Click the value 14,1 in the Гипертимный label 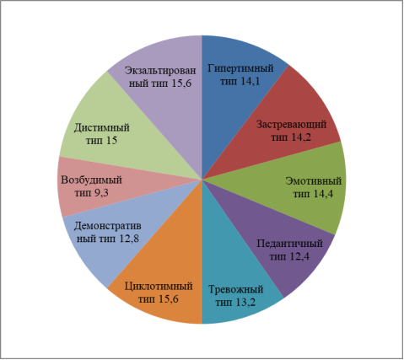(x=250, y=81)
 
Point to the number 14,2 (x=301, y=137)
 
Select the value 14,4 (x=323, y=194)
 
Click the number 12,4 (x=299, y=256)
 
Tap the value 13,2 (x=245, y=303)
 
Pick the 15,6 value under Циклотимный (x=169, y=299)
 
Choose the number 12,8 (x=129, y=239)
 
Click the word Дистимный (x=102, y=128)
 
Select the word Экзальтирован (x=160, y=71)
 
